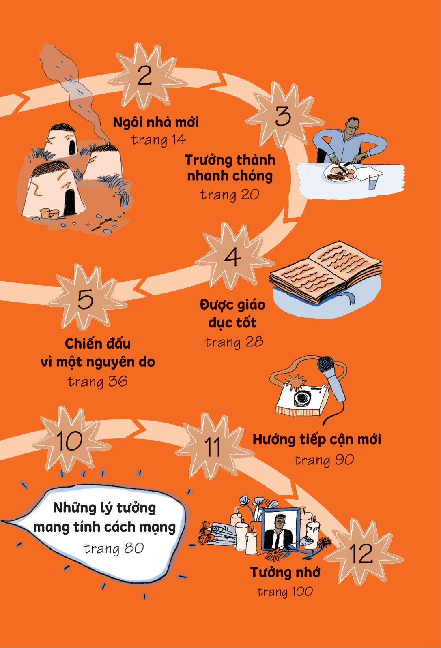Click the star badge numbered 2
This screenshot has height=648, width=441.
[x=144, y=77]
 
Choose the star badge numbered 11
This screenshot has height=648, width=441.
[x=213, y=447]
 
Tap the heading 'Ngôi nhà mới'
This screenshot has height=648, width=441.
[x=156, y=122]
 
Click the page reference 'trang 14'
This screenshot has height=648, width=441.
[x=159, y=140]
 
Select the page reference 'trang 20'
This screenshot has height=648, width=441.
[x=230, y=195]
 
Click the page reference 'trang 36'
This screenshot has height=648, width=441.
[x=98, y=382]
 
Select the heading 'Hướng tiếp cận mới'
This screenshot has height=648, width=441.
[x=317, y=440]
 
